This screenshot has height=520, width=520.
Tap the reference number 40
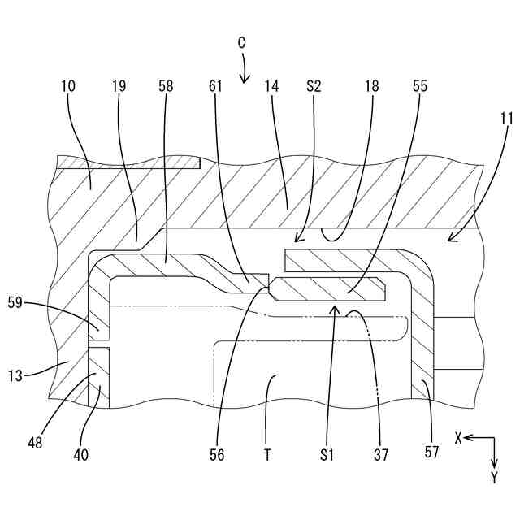(x=81, y=455)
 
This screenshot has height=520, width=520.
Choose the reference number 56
(x=216, y=455)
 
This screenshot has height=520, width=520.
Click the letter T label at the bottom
(x=266, y=455)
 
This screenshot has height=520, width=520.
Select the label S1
(x=325, y=455)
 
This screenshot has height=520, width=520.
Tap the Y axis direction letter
(x=494, y=478)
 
